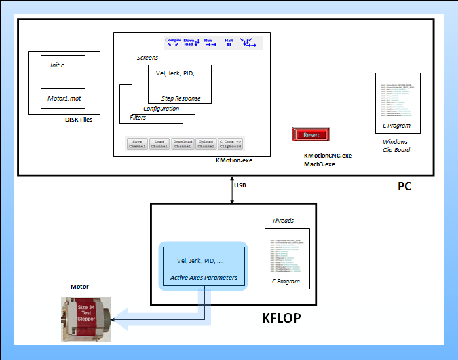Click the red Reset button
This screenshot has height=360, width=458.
click(x=311, y=134)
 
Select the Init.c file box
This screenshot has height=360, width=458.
click(x=62, y=65)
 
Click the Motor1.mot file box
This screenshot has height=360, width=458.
click(x=62, y=98)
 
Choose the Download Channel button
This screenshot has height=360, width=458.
click(x=183, y=143)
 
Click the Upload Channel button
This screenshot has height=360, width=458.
click(x=206, y=143)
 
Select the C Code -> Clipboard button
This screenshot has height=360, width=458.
click(x=231, y=143)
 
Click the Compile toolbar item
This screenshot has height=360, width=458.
click(x=174, y=43)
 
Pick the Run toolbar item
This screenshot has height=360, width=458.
click(x=210, y=43)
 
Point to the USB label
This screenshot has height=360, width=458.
click(x=240, y=185)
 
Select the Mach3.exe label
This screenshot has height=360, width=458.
click(x=320, y=164)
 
